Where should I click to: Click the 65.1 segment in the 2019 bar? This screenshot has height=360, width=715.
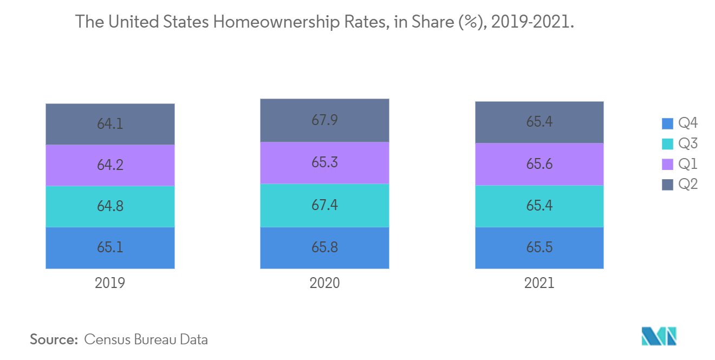110,247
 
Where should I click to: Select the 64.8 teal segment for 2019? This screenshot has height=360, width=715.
110,206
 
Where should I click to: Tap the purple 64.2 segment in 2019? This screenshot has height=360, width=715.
110,165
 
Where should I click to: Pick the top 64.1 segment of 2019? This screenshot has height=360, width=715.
110,124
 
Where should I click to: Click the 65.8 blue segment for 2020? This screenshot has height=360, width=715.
324,247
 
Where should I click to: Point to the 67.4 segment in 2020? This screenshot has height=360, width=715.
324,205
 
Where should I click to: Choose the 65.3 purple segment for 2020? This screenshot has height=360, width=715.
324,162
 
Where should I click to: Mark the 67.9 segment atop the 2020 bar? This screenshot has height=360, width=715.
324,120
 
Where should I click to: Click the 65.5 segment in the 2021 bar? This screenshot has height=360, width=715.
539,247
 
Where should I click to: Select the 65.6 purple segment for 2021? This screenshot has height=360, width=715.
539,164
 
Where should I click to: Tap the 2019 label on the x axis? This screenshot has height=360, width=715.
110,283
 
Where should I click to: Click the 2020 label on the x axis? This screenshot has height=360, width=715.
324,283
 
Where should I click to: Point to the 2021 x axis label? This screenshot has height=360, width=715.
539,283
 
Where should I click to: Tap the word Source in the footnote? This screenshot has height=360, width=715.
54,339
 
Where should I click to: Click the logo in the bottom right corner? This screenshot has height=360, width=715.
659,336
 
